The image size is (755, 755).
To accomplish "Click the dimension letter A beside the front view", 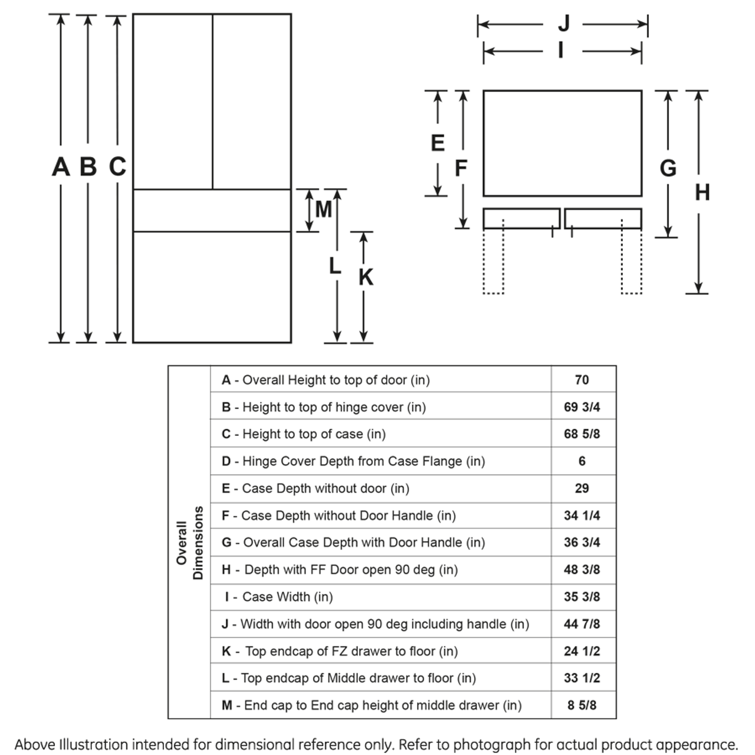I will (61, 167).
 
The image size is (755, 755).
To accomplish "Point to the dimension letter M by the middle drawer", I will (323, 209).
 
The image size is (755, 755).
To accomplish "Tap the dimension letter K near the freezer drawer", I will (366, 277).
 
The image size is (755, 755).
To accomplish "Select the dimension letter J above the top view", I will (564, 24).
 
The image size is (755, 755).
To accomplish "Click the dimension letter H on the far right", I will (702, 192).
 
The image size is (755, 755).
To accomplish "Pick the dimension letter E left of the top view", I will (438, 143).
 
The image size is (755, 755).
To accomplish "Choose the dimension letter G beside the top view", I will (668, 169).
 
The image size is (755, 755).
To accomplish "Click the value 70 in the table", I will (582, 380).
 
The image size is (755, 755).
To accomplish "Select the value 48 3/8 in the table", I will (582, 570).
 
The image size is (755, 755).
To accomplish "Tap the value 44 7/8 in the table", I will (582, 624).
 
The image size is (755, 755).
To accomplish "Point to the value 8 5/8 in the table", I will (582, 705).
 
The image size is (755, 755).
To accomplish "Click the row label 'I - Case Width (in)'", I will (278, 597).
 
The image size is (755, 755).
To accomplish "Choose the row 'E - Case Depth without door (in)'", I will (316, 488).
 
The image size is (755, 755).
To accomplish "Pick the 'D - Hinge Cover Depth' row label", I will (353, 461).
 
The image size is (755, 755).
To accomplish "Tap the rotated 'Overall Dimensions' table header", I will (189, 543).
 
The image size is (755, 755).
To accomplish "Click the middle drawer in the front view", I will (212, 211).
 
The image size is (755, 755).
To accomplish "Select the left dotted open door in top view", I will (493, 260).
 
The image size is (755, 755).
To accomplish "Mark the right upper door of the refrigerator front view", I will (252, 101).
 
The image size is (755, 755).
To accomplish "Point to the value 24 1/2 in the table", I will (582, 651).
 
